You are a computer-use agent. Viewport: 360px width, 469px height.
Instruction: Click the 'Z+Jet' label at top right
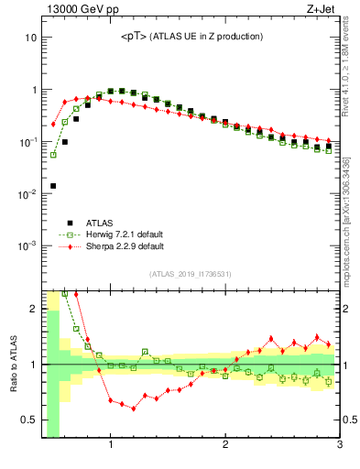pos(322,10)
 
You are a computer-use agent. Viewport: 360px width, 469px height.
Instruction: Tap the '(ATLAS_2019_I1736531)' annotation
pos(191,274)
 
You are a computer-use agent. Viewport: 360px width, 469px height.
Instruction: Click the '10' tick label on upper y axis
pos(29,38)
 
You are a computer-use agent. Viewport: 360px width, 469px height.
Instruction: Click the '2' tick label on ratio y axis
pos(33,309)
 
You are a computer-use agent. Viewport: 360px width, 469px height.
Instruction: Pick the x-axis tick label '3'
pos(339,446)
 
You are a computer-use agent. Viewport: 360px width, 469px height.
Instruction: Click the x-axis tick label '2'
pos(225,446)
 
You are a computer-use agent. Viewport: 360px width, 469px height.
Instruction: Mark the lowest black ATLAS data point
pos(53,186)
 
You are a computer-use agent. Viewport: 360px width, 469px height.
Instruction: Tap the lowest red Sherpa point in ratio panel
pos(134,409)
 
